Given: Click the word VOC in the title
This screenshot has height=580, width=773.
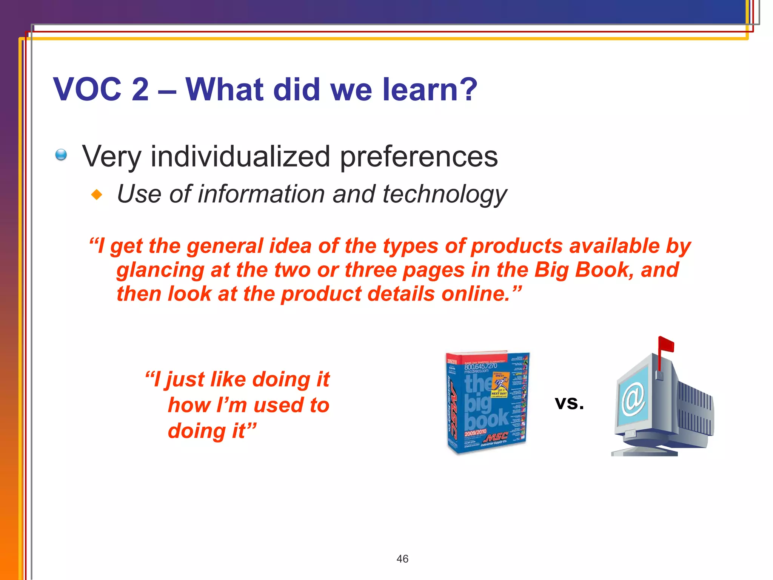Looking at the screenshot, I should [88, 89].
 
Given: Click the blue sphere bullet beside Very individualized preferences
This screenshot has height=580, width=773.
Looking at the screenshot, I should [61, 155].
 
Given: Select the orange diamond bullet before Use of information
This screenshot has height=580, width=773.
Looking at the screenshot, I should [97, 195].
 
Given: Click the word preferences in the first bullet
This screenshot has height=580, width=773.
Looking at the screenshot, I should [419, 157].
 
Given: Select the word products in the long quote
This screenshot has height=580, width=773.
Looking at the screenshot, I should [517, 246].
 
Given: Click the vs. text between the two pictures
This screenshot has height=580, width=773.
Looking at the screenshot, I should [569, 403].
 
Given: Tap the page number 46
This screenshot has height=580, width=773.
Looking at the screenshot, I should [402, 559].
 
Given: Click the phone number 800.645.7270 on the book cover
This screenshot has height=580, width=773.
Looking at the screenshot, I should [480, 367].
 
